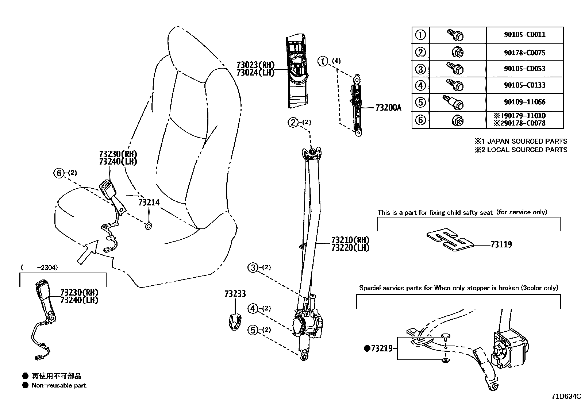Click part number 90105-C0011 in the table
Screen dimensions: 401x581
click(x=524, y=35)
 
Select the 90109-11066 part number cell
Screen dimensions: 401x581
click(x=524, y=102)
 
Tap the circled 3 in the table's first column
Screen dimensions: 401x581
click(x=420, y=69)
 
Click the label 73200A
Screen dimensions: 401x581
click(x=388, y=108)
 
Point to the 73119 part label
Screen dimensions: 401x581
click(x=501, y=244)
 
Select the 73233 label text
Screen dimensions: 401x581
click(x=235, y=294)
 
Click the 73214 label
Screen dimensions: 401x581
click(x=149, y=202)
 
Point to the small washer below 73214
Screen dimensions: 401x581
click(x=149, y=227)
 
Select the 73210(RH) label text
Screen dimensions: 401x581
click(x=350, y=240)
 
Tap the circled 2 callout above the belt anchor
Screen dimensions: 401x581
click(x=293, y=122)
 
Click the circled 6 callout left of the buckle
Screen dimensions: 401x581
click(x=59, y=173)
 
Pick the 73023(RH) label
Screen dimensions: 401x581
click(x=255, y=65)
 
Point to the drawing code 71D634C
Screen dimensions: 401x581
click(x=565, y=396)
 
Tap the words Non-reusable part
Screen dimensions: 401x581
click(x=59, y=385)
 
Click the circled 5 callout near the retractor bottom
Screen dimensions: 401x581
click(x=253, y=330)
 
